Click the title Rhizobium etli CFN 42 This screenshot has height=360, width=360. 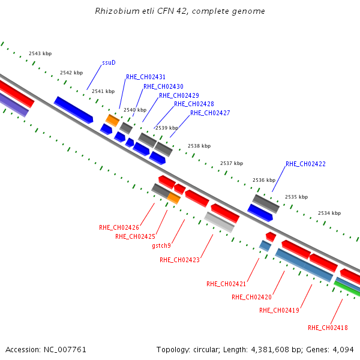[179, 11]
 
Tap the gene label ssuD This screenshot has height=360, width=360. [109, 62]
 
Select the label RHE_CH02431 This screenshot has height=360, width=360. [146, 77]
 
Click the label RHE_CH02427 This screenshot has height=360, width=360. [210, 113]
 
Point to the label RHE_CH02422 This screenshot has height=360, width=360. [305, 164]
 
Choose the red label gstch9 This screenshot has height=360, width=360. [161, 245]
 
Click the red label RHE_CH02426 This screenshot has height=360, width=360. [119, 227]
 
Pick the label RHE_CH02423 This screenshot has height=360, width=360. [179, 260]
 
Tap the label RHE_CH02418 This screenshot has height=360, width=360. [328, 328]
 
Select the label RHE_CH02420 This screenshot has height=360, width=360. [251, 297]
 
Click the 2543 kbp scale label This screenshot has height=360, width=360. [39, 54]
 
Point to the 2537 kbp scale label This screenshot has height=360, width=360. [231, 163]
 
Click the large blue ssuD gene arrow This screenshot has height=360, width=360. [73, 109]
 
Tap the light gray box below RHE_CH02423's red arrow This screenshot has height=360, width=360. [219, 222]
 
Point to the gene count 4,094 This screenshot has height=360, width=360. [345, 349]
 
